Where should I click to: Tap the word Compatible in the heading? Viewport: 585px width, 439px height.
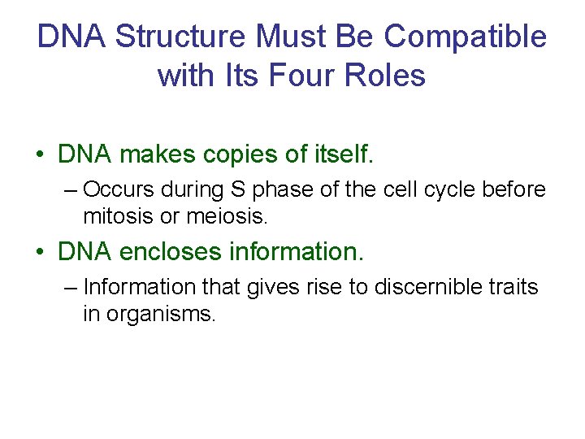(466, 37)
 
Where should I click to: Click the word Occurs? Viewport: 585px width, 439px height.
(119, 190)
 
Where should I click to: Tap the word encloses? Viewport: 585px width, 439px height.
(171, 252)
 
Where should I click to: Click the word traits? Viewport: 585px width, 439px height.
(513, 287)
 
